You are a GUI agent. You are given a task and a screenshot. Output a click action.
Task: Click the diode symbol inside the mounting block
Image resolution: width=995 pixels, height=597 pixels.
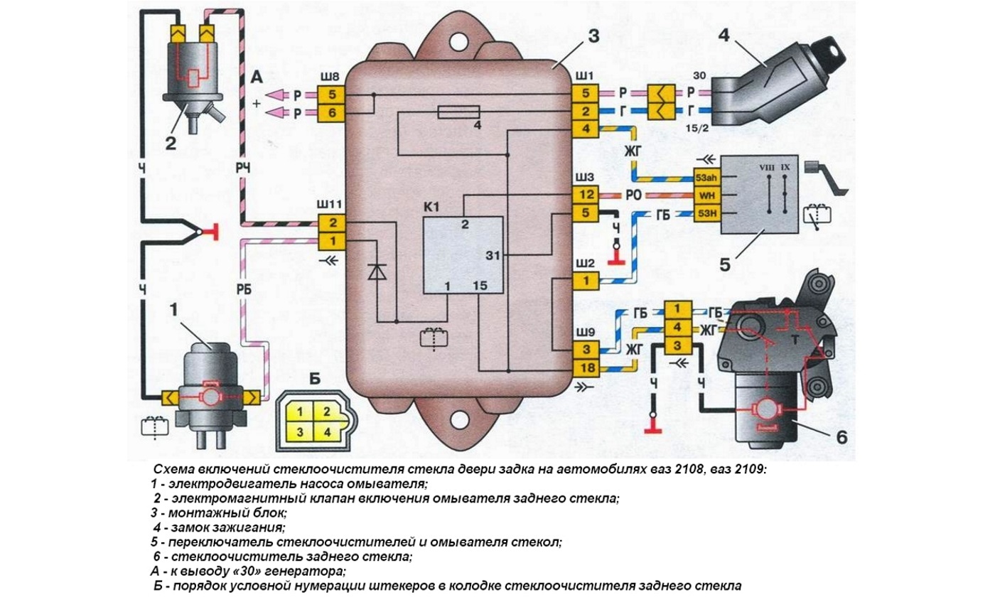click(377, 271)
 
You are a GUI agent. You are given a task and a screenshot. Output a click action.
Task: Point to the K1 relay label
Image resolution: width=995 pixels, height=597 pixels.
click(433, 208)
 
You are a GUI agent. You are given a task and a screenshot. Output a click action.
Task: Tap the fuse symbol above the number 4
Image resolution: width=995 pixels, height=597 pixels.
click(459, 112)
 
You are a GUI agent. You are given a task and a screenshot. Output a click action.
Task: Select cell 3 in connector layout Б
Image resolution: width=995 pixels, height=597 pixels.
click(301, 431)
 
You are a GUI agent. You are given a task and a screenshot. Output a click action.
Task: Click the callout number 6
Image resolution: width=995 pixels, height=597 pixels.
click(842, 436)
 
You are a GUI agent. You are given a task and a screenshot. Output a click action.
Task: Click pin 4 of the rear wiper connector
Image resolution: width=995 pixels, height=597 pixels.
click(677, 328)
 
